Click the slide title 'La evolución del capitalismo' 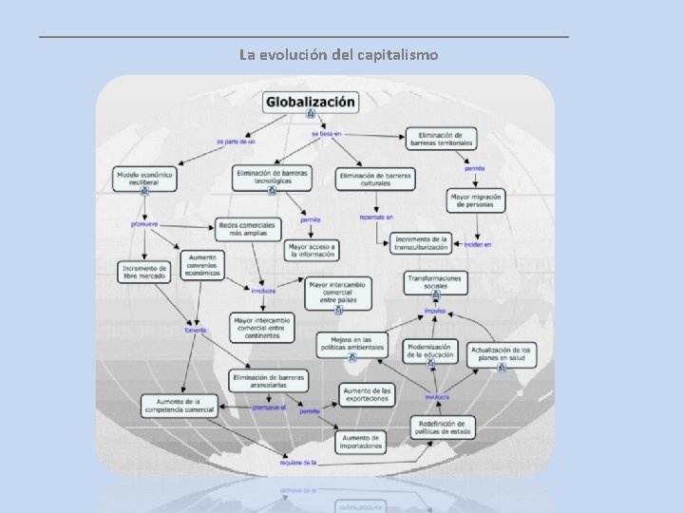339,55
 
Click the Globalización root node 311,102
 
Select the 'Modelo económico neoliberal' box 144,178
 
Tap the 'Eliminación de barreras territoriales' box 441,139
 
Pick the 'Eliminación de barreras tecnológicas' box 272,177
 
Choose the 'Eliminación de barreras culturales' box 374,179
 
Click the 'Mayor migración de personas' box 475,200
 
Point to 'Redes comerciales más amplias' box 249,229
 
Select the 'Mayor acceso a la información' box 311,250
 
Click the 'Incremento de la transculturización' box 420,243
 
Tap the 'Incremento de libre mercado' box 144,272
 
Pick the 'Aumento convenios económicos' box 202,264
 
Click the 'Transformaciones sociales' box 435,281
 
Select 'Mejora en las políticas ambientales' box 351,344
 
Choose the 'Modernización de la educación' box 431,351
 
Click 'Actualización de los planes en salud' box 502,354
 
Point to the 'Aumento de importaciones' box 360,441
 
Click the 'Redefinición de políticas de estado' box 442,427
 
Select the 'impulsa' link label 435,311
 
